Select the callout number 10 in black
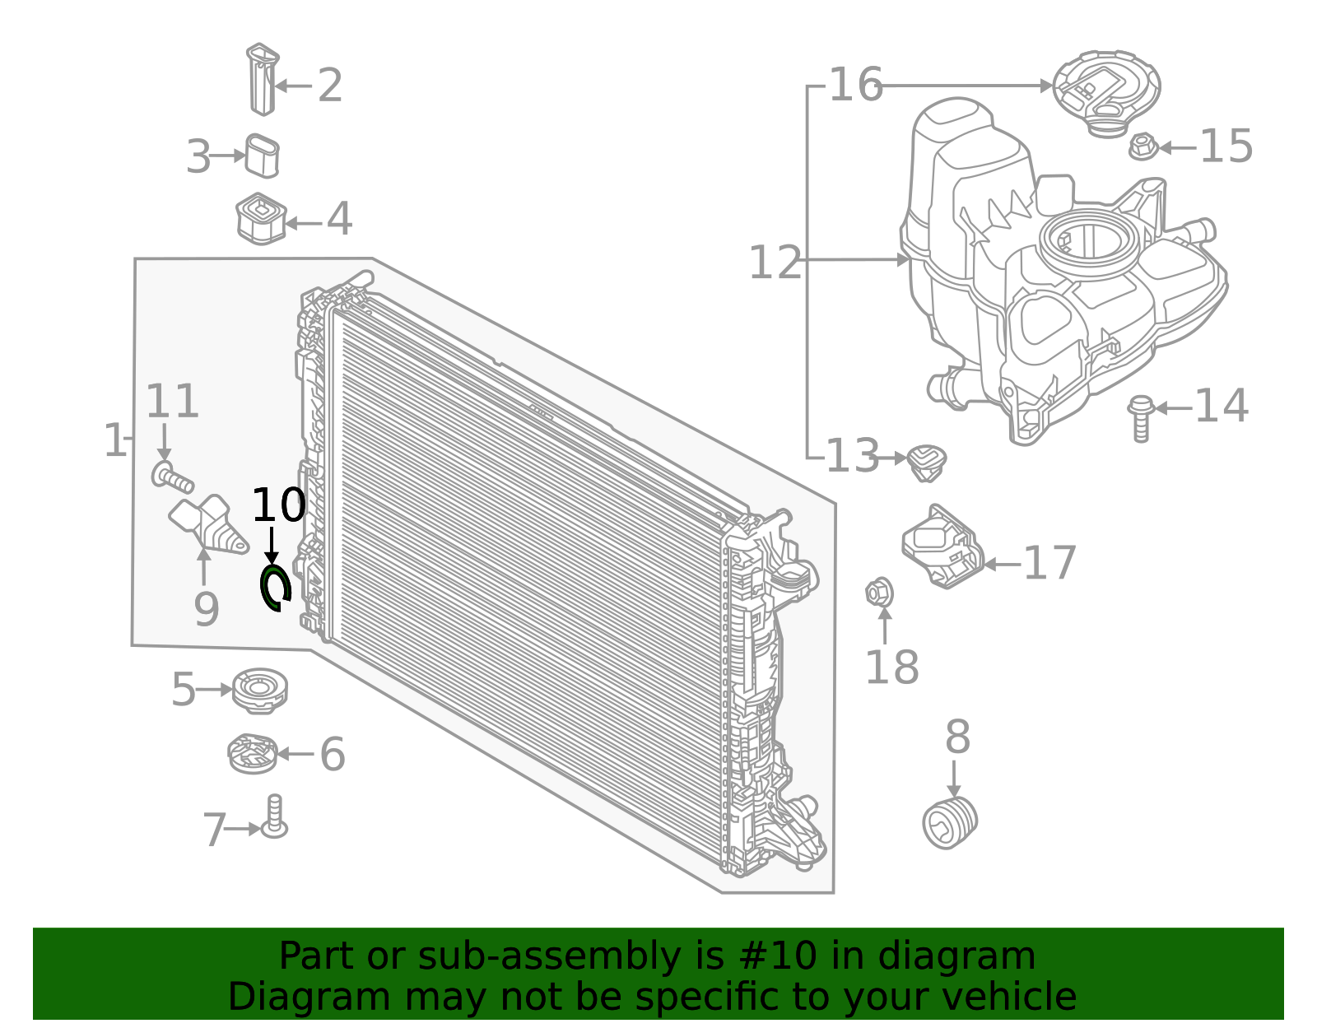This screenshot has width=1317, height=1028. tap(278, 505)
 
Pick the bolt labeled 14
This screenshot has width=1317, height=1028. tap(1141, 418)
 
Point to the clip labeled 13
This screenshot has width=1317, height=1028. tap(926, 463)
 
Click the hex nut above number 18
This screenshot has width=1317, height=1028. tap(879, 592)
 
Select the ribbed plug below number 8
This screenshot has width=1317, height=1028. tap(950, 822)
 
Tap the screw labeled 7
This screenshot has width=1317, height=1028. tap(274, 817)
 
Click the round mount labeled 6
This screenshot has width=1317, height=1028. tap(252, 753)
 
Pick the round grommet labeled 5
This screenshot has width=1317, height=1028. tap(259, 690)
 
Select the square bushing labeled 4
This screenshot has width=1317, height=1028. tap(260, 219)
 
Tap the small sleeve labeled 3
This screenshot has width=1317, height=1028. tap(262, 156)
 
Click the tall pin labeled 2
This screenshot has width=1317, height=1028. tap(262, 79)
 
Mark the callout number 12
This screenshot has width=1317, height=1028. tap(774, 263)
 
